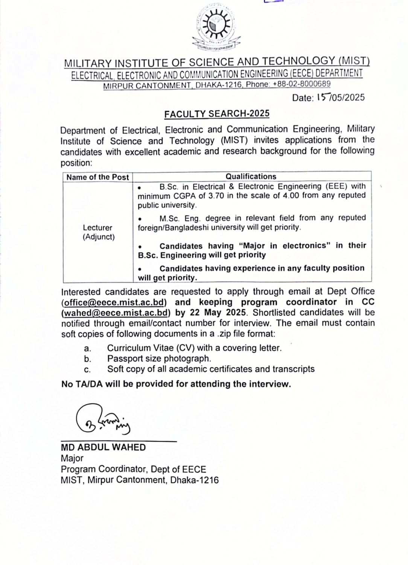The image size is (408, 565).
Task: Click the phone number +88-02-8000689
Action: [x=301, y=84]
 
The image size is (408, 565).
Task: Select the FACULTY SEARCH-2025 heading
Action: [x=217, y=114]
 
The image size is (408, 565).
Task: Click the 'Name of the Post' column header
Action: [x=97, y=177]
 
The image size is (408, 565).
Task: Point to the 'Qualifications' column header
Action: [x=251, y=176]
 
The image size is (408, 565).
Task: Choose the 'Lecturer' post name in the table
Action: [x=97, y=228]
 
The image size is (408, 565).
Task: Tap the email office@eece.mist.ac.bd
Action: [x=114, y=302]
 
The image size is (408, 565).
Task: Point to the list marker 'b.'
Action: [x=88, y=359]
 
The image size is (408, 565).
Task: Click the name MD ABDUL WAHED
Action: [x=103, y=447]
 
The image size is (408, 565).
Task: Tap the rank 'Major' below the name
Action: [x=72, y=458]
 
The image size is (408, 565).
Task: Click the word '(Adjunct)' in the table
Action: [x=99, y=237]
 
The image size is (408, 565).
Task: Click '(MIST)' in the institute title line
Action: [x=354, y=61]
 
